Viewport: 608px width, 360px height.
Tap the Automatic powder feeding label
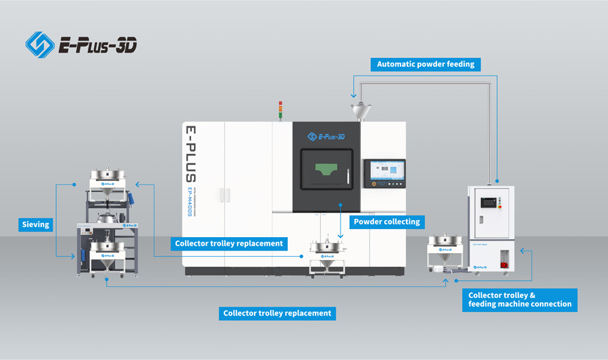click(x=426, y=65)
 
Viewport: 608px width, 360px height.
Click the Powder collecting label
click(x=386, y=222)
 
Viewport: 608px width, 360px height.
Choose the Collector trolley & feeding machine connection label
click(x=520, y=299)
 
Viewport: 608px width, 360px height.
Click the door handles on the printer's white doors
click(x=223, y=195)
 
